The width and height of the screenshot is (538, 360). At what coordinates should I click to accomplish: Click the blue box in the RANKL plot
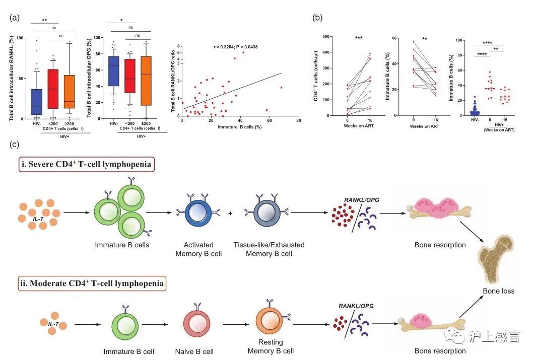36,101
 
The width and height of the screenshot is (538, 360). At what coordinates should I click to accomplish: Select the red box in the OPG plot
130,76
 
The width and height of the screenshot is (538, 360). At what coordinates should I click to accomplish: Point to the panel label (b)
317,18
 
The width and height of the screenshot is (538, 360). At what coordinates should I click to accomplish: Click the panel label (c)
15,145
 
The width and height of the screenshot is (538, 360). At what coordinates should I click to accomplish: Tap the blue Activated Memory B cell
197,213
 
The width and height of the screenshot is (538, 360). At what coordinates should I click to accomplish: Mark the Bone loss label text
498,291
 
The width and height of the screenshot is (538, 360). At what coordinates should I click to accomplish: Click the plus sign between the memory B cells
230,213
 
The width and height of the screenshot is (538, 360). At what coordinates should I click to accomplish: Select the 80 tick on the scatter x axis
299,121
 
